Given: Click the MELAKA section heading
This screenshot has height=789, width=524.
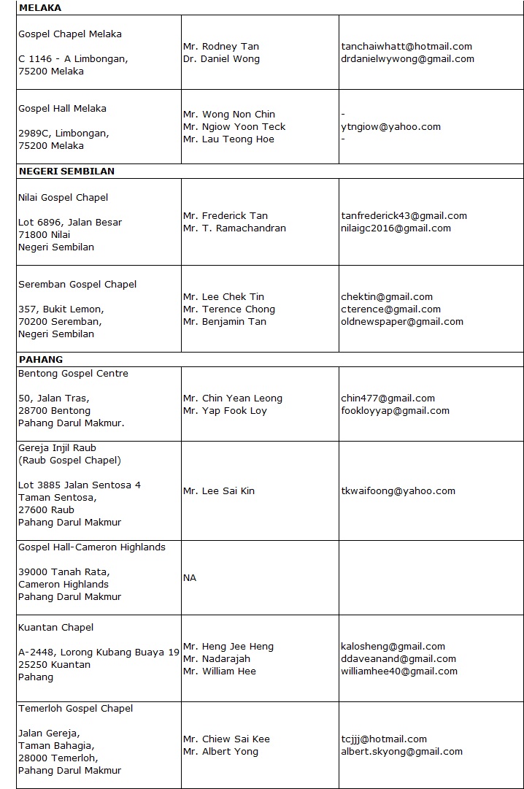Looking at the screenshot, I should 39,8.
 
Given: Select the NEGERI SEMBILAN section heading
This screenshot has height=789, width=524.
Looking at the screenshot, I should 66,172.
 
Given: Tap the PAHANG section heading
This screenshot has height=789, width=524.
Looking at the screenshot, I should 40,359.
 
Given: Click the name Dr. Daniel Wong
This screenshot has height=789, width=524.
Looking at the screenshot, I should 221,59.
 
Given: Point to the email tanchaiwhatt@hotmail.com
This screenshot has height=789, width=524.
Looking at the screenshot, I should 407,47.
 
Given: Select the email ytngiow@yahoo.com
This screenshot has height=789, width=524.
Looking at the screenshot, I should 391,127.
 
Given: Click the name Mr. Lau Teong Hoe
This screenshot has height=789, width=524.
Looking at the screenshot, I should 228,139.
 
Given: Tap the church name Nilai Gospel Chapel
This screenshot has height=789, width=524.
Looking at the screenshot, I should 63,198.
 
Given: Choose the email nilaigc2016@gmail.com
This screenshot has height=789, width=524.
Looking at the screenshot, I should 396,228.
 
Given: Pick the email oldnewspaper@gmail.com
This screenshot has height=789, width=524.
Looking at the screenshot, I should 402,322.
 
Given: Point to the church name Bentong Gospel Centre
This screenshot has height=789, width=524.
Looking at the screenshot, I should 73,374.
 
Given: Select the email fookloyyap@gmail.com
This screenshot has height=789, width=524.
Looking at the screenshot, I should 395,411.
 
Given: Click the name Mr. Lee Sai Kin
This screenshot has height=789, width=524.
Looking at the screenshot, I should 219,491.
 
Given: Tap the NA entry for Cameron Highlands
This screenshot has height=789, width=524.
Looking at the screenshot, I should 190,578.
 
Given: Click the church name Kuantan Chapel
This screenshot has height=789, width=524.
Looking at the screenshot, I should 56,628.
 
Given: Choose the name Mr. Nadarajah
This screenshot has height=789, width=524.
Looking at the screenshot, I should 217,659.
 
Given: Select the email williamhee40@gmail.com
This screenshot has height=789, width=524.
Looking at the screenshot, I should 399,671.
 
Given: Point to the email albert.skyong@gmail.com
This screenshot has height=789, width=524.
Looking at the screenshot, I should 401,752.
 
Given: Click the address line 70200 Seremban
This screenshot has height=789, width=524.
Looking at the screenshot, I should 61,322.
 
